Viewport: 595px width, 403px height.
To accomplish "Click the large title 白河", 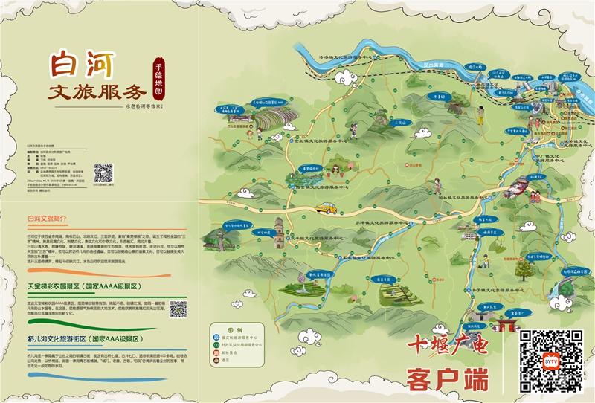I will [81, 65].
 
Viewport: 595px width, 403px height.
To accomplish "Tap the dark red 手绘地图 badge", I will [158, 80].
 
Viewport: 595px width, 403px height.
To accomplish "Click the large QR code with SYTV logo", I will [550, 361].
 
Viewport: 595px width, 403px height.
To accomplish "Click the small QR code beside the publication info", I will [103, 173].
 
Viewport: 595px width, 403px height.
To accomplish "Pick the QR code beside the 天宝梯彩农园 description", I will [178, 309].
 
